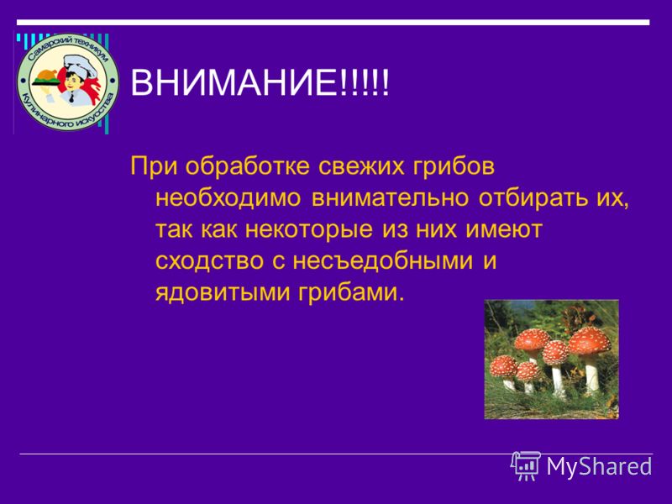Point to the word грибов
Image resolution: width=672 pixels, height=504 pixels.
454,166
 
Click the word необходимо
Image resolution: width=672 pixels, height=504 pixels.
228,198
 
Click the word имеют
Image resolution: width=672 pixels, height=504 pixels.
504,230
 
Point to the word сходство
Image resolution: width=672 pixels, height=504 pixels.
209,261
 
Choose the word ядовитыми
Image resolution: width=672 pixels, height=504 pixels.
223,293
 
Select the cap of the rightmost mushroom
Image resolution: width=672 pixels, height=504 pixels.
590,340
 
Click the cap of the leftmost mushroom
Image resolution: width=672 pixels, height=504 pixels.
503,366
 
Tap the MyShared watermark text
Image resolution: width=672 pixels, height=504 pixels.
599,466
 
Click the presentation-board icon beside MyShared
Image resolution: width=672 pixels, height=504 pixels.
526,465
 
